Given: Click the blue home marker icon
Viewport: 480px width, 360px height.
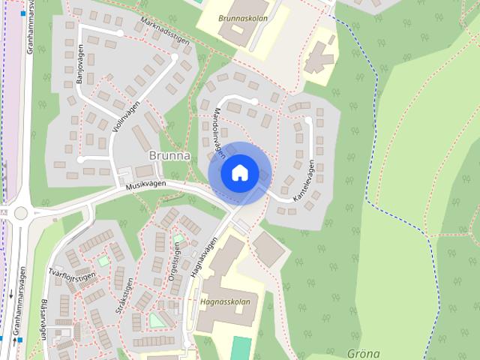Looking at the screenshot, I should click(x=239, y=173).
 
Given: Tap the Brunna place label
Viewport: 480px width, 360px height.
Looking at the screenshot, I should click(x=169, y=156).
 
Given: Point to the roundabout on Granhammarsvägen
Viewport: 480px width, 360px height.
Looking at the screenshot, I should click(x=20, y=213).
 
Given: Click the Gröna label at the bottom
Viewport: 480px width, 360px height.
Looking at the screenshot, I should click(x=364, y=353).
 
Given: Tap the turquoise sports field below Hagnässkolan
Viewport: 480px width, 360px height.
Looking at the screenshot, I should click(x=241, y=348).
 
